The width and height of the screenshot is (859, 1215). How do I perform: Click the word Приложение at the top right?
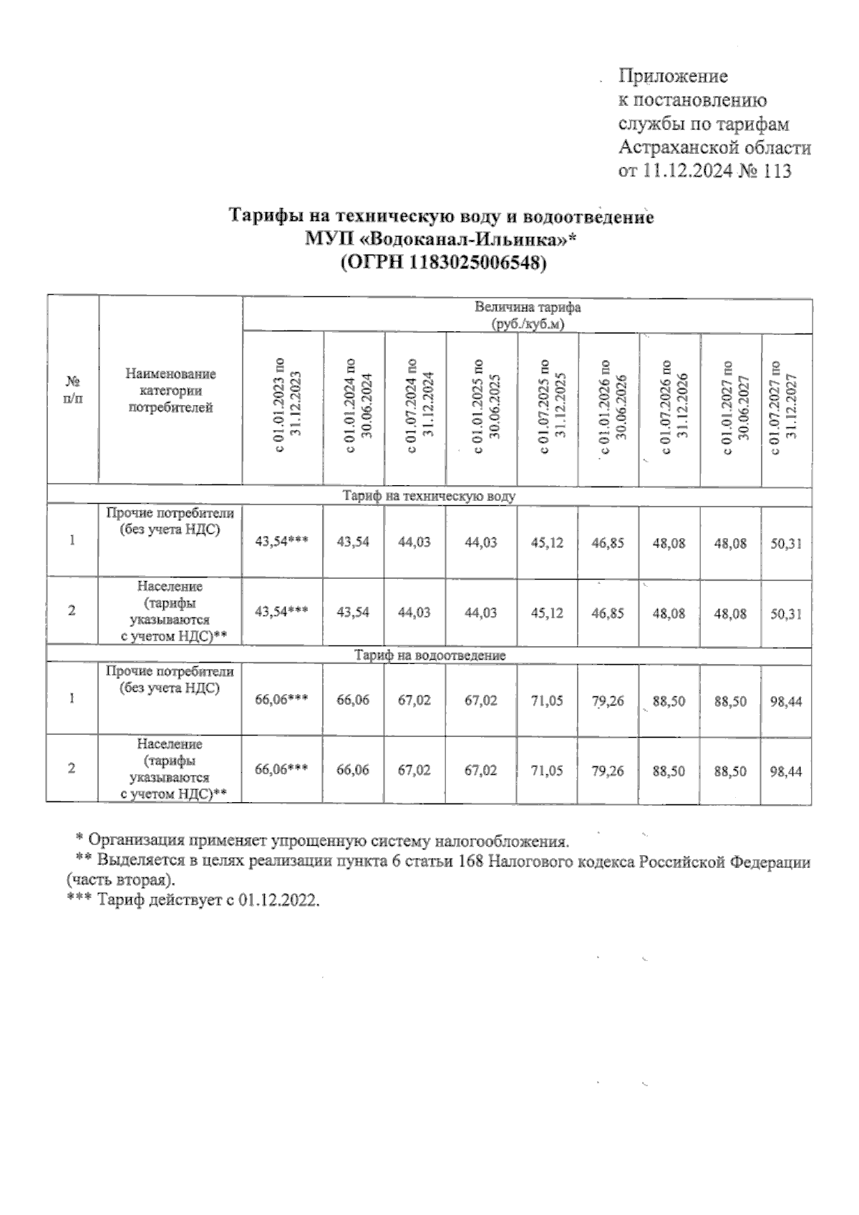coord(673,76)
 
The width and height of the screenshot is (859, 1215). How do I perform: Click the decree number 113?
coord(777,171)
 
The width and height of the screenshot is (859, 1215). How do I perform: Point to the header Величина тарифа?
coord(528,308)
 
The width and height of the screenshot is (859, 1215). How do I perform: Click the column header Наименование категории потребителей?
coord(170,391)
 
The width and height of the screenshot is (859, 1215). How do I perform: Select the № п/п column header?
coord(72,391)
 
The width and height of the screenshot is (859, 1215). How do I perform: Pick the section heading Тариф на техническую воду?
coord(429,495)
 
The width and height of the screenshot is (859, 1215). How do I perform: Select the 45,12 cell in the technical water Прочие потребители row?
coord(547,543)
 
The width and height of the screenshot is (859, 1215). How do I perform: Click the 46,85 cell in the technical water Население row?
coord(608,613)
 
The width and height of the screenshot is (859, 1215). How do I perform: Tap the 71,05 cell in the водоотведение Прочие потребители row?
coord(547,701)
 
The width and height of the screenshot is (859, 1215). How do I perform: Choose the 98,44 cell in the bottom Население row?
coord(785,771)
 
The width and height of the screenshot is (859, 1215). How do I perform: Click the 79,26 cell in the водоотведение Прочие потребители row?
coord(608,701)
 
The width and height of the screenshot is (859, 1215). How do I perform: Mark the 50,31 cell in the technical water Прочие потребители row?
coord(785,543)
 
